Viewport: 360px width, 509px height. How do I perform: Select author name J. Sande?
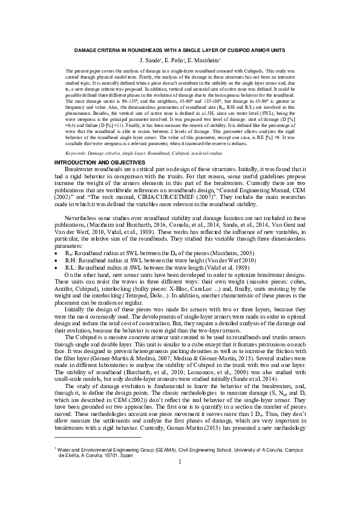149,60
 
